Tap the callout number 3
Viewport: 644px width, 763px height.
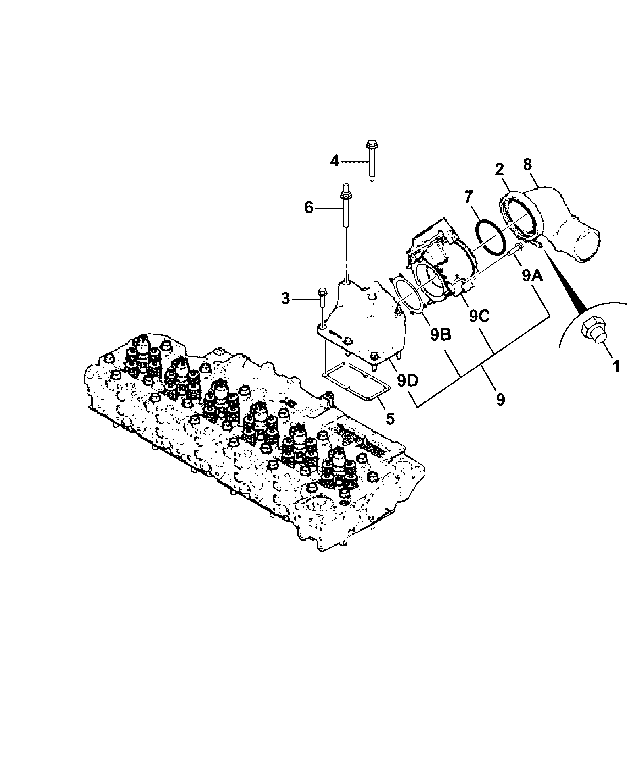click(286, 299)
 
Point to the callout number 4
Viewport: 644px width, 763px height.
click(335, 161)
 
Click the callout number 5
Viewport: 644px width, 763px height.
click(390, 418)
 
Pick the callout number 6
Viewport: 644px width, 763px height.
click(309, 208)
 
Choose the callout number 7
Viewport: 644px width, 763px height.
click(468, 198)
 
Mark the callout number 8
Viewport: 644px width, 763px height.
click(527, 165)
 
